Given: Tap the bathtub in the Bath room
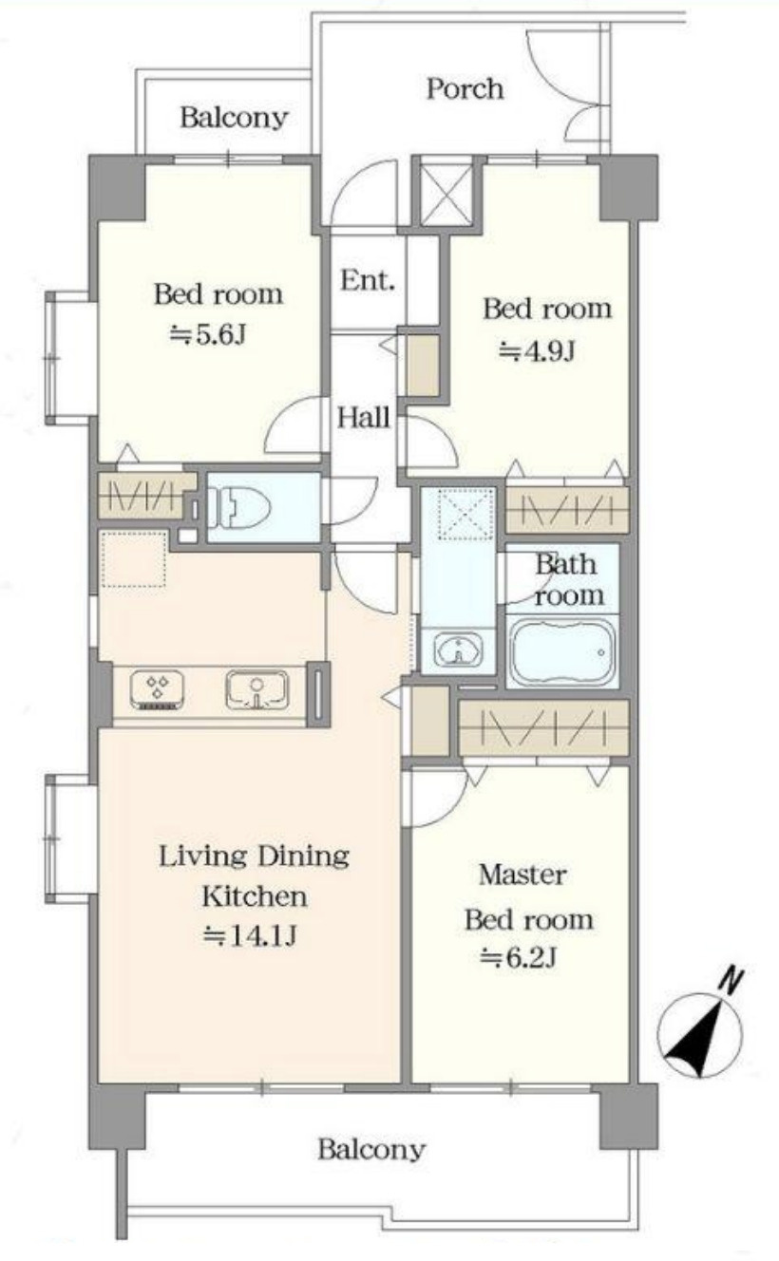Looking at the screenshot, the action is click(562, 652).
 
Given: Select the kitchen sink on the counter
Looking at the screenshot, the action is click(256, 689).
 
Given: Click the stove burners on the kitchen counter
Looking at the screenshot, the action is click(157, 689).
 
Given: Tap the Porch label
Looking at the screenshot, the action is click(465, 89).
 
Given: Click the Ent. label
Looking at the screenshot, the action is click(367, 280).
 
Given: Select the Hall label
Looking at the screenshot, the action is click(363, 418).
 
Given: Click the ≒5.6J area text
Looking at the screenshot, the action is click(208, 335).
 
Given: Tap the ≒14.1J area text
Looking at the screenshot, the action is click(250, 935).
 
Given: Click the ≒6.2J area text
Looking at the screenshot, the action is click(518, 956).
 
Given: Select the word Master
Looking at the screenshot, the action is click(522, 875).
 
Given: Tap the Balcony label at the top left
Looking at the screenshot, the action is click(234, 117).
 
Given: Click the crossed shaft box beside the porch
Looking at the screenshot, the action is click(446, 195).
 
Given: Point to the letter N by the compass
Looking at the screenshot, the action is click(731, 981).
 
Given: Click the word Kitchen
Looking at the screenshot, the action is click(255, 896).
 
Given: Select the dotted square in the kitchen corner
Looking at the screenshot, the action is click(135, 559).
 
